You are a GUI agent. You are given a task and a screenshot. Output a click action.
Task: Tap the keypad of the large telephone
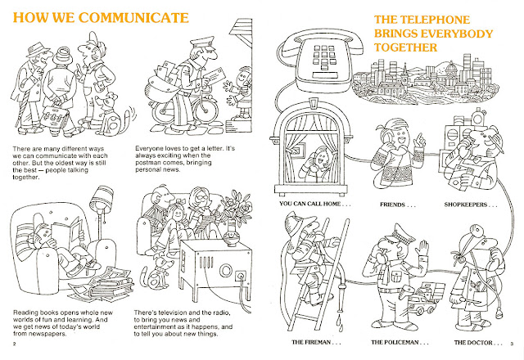[323, 56]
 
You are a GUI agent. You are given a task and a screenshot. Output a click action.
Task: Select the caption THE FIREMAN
[316, 342]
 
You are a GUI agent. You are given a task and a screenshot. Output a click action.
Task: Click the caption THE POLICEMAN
[400, 342]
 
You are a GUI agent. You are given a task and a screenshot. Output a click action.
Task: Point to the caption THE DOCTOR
[478, 342]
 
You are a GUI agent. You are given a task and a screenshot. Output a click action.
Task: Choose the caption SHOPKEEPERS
[471, 205]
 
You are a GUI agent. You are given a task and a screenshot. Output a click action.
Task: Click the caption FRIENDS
[397, 205]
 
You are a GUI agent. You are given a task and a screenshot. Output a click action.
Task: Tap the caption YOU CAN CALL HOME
[314, 204]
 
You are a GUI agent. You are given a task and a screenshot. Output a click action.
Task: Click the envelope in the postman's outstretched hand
[215, 76]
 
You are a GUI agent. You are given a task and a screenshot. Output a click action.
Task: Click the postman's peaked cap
[202, 43]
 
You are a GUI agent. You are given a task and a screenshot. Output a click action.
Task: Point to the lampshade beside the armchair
[102, 197]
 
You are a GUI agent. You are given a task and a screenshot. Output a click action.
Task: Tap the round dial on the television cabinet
[225, 269]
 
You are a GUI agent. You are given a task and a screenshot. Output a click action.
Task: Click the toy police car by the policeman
[422, 303]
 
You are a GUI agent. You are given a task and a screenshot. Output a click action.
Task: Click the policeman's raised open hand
[422, 248]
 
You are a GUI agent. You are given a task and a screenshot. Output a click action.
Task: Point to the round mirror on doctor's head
[475, 230]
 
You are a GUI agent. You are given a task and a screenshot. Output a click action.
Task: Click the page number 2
[14, 344]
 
